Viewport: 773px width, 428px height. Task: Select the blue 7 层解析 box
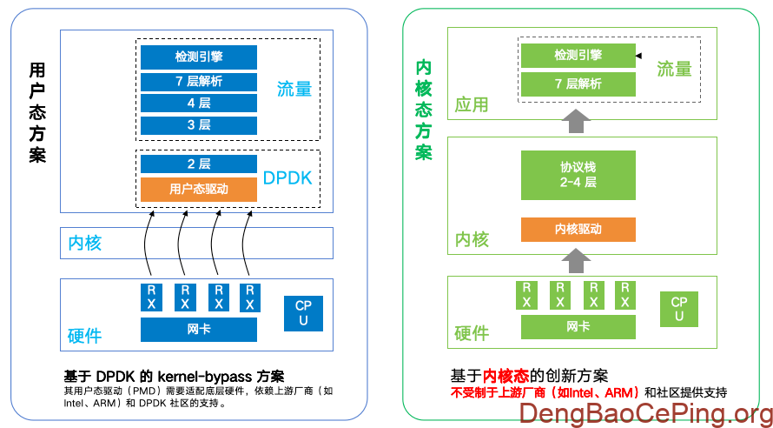tap(199, 81)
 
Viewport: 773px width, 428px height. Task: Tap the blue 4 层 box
tap(199, 103)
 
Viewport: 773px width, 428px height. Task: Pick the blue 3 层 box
tap(199, 125)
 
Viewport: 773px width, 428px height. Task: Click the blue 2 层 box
tap(199, 164)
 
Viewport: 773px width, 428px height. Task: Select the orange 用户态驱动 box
tap(199, 189)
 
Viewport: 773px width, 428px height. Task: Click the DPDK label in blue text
tap(287, 179)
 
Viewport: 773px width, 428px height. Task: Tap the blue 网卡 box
tap(199, 330)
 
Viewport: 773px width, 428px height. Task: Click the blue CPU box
tap(303, 313)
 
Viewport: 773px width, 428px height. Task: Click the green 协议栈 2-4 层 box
tap(578, 175)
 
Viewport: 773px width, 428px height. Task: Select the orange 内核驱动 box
tap(578, 230)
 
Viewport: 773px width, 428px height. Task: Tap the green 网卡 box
tap(578, 327)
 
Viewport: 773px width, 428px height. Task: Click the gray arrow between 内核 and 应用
tap(572, 121)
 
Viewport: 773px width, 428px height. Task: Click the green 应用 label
tap(472, 105)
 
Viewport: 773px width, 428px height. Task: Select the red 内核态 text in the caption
tap(506, 376)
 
